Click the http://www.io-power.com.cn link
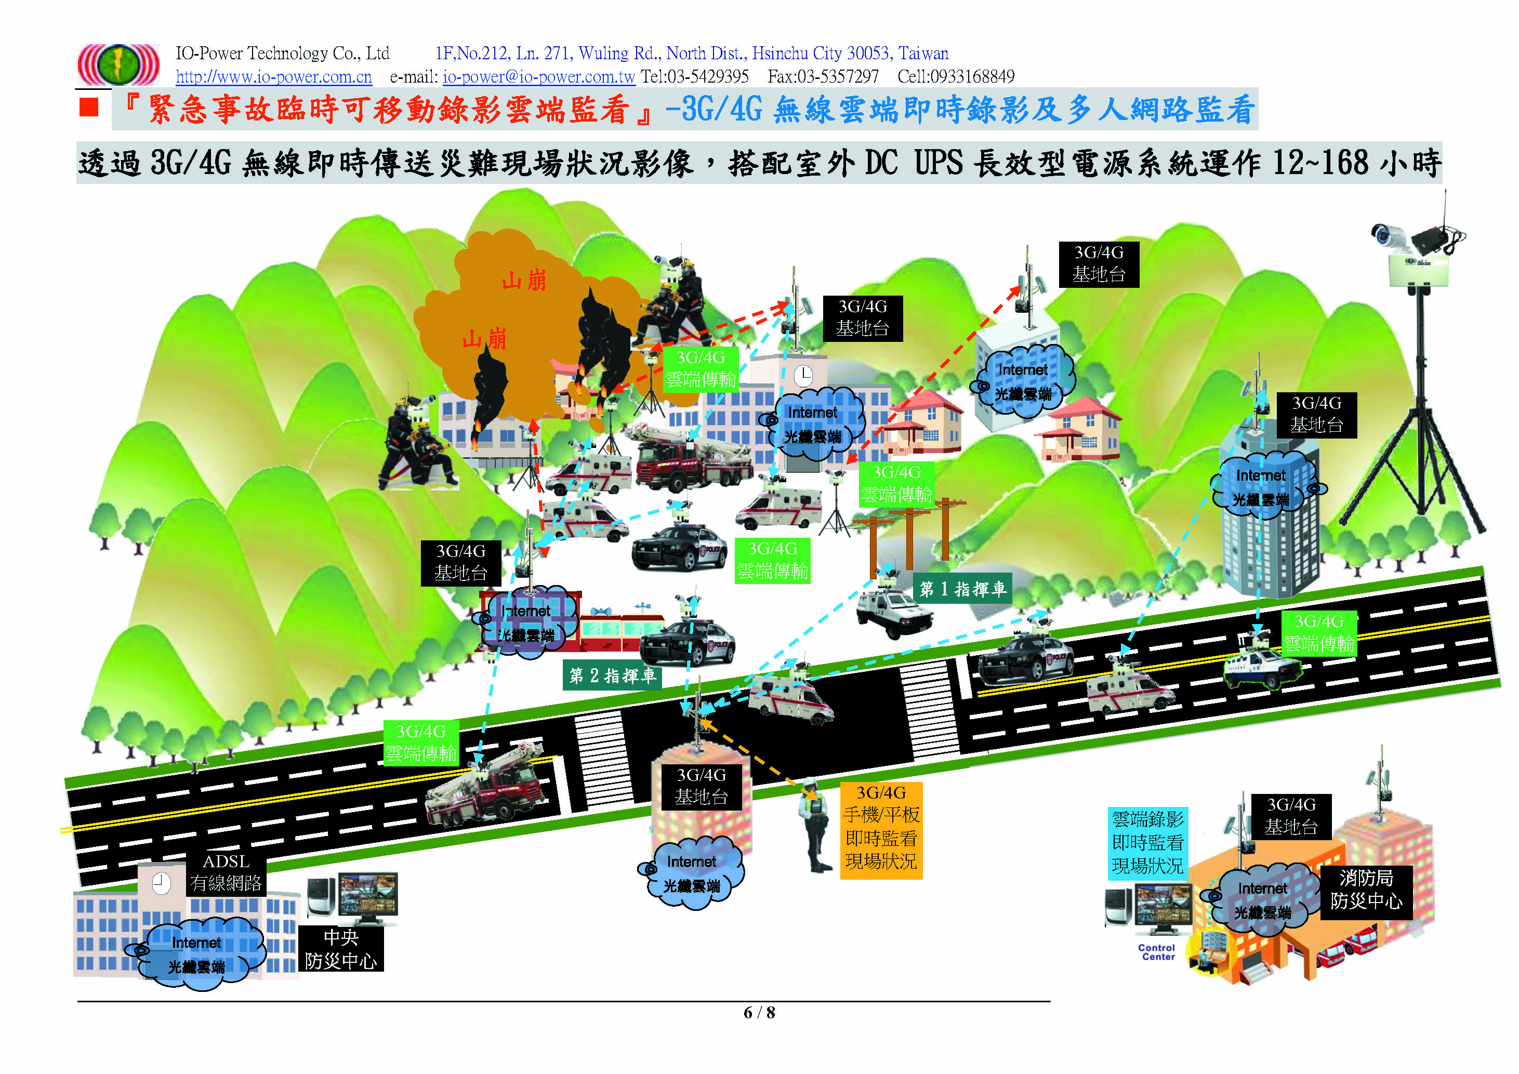pyautogui.click(x=273, y=77)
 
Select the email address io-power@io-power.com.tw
pyautogui.click(x=538, y=77)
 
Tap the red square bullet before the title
pyautogui.click(x=89, y=107)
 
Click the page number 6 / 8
pyautogui.click(x=759, y=1013)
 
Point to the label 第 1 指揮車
pyautogui.click(x=962, y=589)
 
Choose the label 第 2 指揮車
pyautogui.click(x=612, y=675)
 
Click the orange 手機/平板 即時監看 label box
pyautogui.click(x=880, y=830)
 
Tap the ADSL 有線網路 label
pyautogui.click(x=226, y=872)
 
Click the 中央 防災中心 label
pyautogui.click(x=341, y=949)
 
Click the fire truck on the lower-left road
pyautogui.click(x=486, y=790)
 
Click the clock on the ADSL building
pyautogui.click(x=161, y=883)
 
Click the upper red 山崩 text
pyautogui.click(x=523, y=281)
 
